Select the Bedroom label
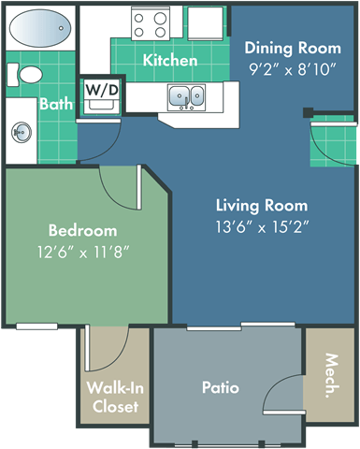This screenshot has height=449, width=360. [84, 230]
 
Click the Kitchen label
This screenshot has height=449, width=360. [170, 61]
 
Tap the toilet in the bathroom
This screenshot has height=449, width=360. [31, 74]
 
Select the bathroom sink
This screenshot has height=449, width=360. [22, 133]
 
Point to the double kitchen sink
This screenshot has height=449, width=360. [187, 95]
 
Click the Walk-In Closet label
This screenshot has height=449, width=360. [113, 397]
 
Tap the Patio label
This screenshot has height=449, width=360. [220, 386]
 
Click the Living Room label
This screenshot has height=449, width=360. [262, 205]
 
